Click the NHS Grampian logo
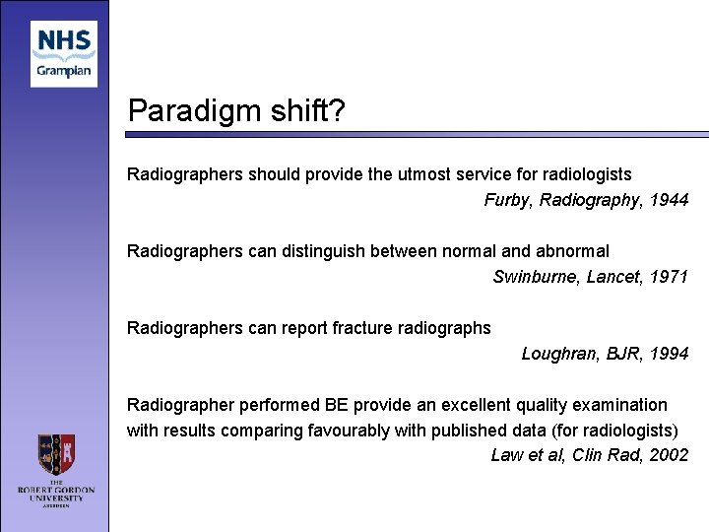click(x=63, y=54)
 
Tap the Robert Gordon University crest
click(x=57, y=454)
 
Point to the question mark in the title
click(x=337, y=110)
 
